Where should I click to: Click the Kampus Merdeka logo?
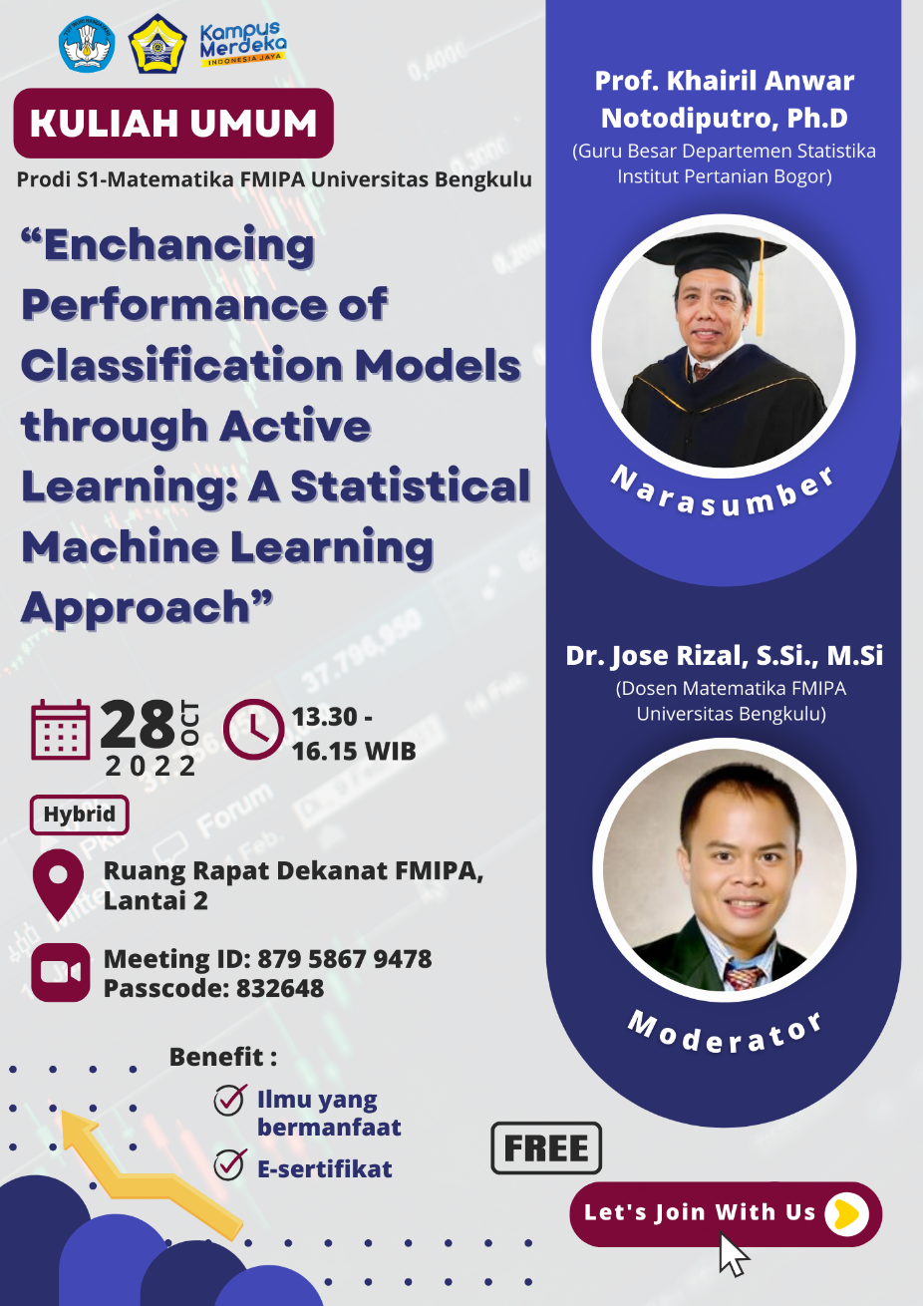pos(243,44)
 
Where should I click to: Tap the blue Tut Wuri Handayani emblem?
pos(87,44)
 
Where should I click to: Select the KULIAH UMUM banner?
pos(173,123)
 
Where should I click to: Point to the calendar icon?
pos(61,730)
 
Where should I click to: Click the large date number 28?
pos(138,725)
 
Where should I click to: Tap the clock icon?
pos(253,730)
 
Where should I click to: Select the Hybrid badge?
pos(80,815)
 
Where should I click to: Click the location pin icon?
pos(58,884)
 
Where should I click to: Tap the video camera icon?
pos(61,972)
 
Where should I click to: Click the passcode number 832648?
pos(280,988)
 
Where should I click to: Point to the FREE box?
pos(546,1148)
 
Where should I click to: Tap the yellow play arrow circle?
pos(846,1214)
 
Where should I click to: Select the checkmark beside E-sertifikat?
pos(229,1164)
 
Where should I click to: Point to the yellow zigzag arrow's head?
pos(78,1128)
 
